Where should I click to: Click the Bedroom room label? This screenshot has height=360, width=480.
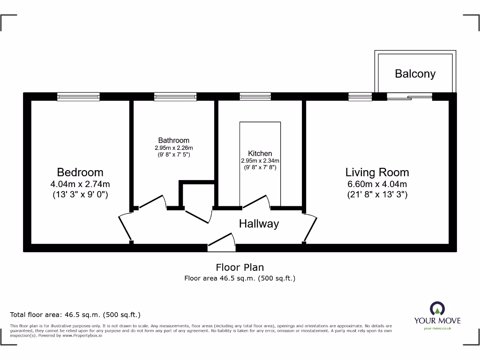pos(80,172)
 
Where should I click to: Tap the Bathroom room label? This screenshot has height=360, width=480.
pos(173,140)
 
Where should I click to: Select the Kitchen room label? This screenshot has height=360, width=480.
pos(260,153)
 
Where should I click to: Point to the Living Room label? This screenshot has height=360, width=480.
pos(377,172)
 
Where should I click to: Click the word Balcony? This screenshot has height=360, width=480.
pos(415,74)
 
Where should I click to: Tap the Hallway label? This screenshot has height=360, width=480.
pos(259,224)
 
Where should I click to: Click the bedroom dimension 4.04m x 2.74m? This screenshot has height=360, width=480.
pos(80,184)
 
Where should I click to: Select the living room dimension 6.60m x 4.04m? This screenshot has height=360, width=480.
pos(377,184)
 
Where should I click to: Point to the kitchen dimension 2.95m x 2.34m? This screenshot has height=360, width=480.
pos(260,160)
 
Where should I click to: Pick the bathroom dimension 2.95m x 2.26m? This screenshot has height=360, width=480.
pos(173,148)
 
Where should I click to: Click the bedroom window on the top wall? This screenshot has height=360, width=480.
pos(78,97)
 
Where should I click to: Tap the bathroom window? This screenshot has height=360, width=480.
pos(175,97)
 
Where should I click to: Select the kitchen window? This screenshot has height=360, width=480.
pos(255,97)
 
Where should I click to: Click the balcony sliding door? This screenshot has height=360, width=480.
pos(409,97)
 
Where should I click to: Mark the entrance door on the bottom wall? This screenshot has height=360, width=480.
pos(221,240)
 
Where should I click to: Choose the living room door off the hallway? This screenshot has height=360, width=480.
pos(310,227)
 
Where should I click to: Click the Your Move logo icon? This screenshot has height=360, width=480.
pos(437,309)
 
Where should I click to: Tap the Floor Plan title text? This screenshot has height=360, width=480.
pos(240,267)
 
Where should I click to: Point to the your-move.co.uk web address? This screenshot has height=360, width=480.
pos(437,328)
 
